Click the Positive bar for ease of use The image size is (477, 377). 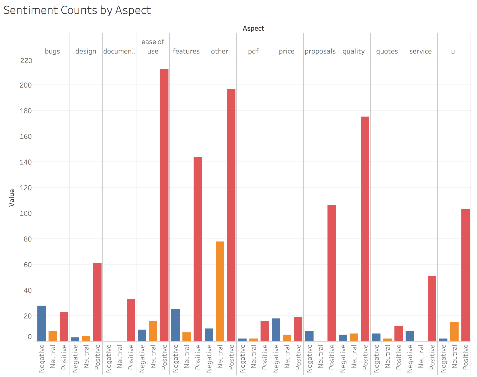point(164,205)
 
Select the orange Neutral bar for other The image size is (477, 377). point(220,291)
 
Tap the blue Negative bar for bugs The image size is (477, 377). point(42,323)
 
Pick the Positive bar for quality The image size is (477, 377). point(365,229)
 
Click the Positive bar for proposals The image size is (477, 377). point(332,273)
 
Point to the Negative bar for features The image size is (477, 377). point(175,325)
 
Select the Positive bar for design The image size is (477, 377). point(97,302)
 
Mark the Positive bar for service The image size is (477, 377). point(432,308)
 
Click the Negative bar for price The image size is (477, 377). point(276,330)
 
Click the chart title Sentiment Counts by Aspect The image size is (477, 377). point(77,10)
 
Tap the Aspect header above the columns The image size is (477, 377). point(253,28)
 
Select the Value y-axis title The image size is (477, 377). point(12,198)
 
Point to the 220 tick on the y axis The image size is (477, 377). point(26,61)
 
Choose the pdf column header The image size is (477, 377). point(253,51)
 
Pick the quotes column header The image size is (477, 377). point(387,51)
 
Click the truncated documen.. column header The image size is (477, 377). point(119,51)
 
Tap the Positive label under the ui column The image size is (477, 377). point(465,357)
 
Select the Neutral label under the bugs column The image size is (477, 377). point(53,357)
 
